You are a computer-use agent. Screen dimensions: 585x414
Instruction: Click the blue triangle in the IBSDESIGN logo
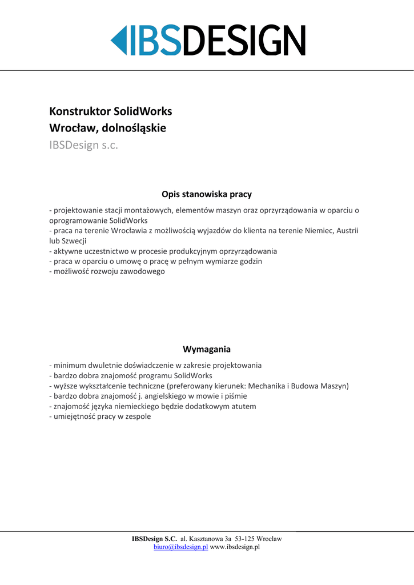117,40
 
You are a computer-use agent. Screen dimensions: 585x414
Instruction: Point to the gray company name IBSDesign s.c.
83,145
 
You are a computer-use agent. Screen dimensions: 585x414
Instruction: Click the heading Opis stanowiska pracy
207,194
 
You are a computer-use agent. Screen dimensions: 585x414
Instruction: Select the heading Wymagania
207,348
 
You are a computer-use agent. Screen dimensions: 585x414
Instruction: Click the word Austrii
347,231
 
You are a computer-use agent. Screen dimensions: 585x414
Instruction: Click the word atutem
242,406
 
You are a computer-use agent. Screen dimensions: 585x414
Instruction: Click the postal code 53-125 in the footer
244,539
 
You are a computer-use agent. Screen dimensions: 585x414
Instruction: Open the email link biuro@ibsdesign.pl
180,547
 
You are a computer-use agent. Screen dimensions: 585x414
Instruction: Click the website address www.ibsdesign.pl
235,547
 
